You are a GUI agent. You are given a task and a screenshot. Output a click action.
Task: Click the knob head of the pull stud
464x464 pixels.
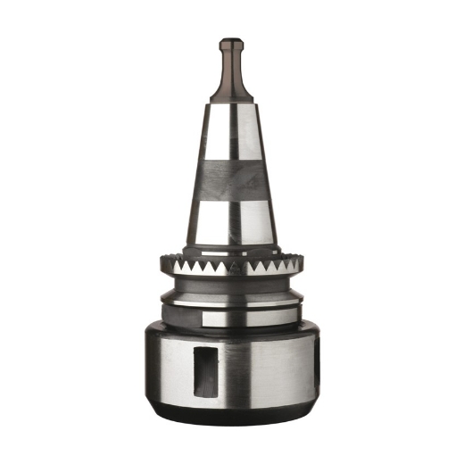(x=231, y=45)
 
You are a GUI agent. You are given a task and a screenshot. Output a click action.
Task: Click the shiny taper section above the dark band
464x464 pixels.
(x=231, y=134)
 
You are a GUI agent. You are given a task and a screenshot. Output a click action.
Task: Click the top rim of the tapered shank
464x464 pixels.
(x=231, y=103)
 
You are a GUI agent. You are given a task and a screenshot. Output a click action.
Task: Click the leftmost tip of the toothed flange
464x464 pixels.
(x=162, y=264)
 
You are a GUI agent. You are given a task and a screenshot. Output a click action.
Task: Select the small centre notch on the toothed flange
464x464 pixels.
(x=231, y=269)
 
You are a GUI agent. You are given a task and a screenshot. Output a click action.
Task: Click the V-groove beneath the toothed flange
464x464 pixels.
(x=231, y=287)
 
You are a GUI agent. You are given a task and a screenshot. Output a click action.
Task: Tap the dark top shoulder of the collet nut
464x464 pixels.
(x=231, y=332)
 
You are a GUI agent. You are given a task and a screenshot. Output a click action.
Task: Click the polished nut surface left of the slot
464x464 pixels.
(x=170, y=370)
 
